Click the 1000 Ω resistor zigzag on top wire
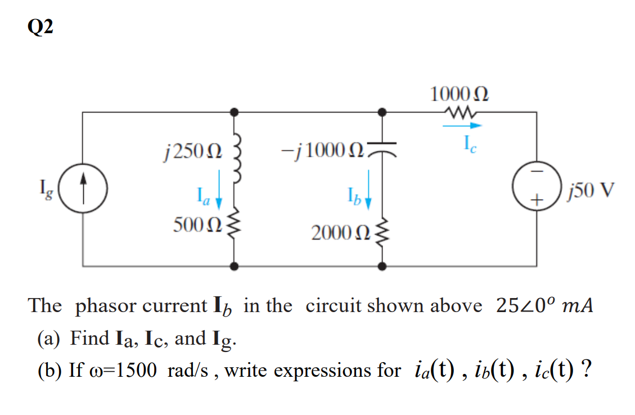point(460,112)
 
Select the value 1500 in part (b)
point(137,371)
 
